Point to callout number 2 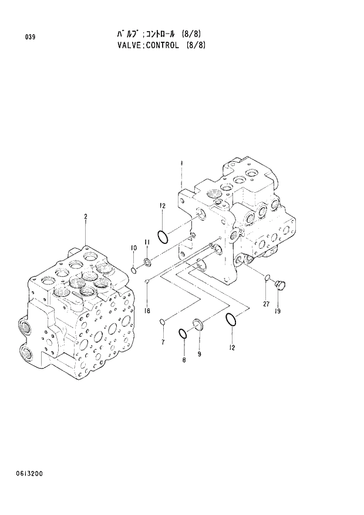pos(86,217)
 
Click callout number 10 pos(133,248)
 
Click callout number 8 pos(183,359)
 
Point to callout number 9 pos(199,354)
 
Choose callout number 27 pos(265,304)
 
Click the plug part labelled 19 pos(281,285)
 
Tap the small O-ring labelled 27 pos(267,277)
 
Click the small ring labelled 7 pos(163,321)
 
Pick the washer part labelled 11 pos(147,260)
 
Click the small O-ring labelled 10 pos(134,270)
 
